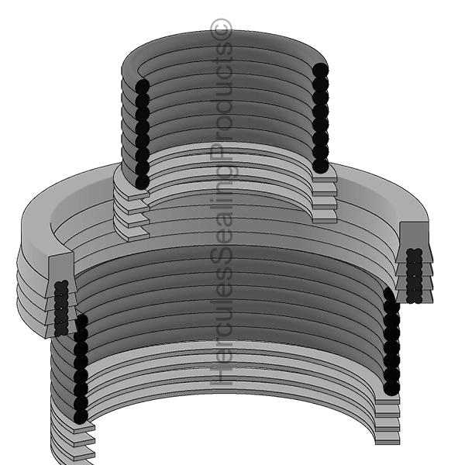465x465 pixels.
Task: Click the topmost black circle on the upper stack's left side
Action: tap(142, 85)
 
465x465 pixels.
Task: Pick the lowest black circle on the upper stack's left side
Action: tap(142, 181)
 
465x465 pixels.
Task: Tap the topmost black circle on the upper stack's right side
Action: tap(320, 71)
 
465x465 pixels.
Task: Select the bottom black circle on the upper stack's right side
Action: tap(320, 166)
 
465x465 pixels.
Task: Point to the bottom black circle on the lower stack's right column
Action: tap(391, 387)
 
